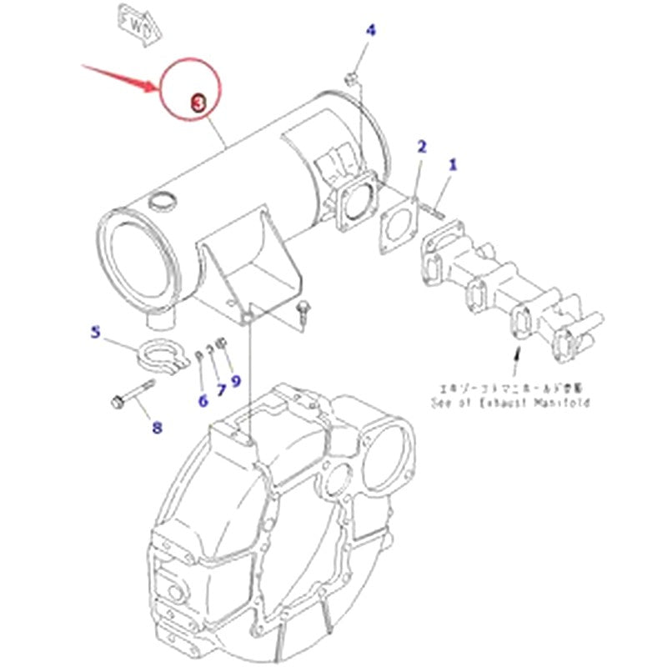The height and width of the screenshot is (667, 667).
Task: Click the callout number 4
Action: coord(371,31)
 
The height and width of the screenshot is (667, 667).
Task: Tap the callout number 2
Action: coord(422,147)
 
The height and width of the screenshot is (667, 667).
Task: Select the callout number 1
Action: coord(454,164)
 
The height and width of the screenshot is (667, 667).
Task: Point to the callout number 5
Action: coord(95,333)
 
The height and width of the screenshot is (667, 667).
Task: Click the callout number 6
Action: coord(203,401)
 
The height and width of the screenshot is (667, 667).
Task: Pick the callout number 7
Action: coord(222,389)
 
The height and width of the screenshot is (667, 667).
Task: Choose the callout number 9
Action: coord(236,381)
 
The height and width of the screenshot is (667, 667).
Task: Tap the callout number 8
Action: coord(157,429)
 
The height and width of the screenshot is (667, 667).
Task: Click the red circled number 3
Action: coord(198,103)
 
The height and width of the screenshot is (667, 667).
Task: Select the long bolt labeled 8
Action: coord(133,394)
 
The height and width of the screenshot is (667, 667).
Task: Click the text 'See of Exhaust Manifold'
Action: coord(510,403)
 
